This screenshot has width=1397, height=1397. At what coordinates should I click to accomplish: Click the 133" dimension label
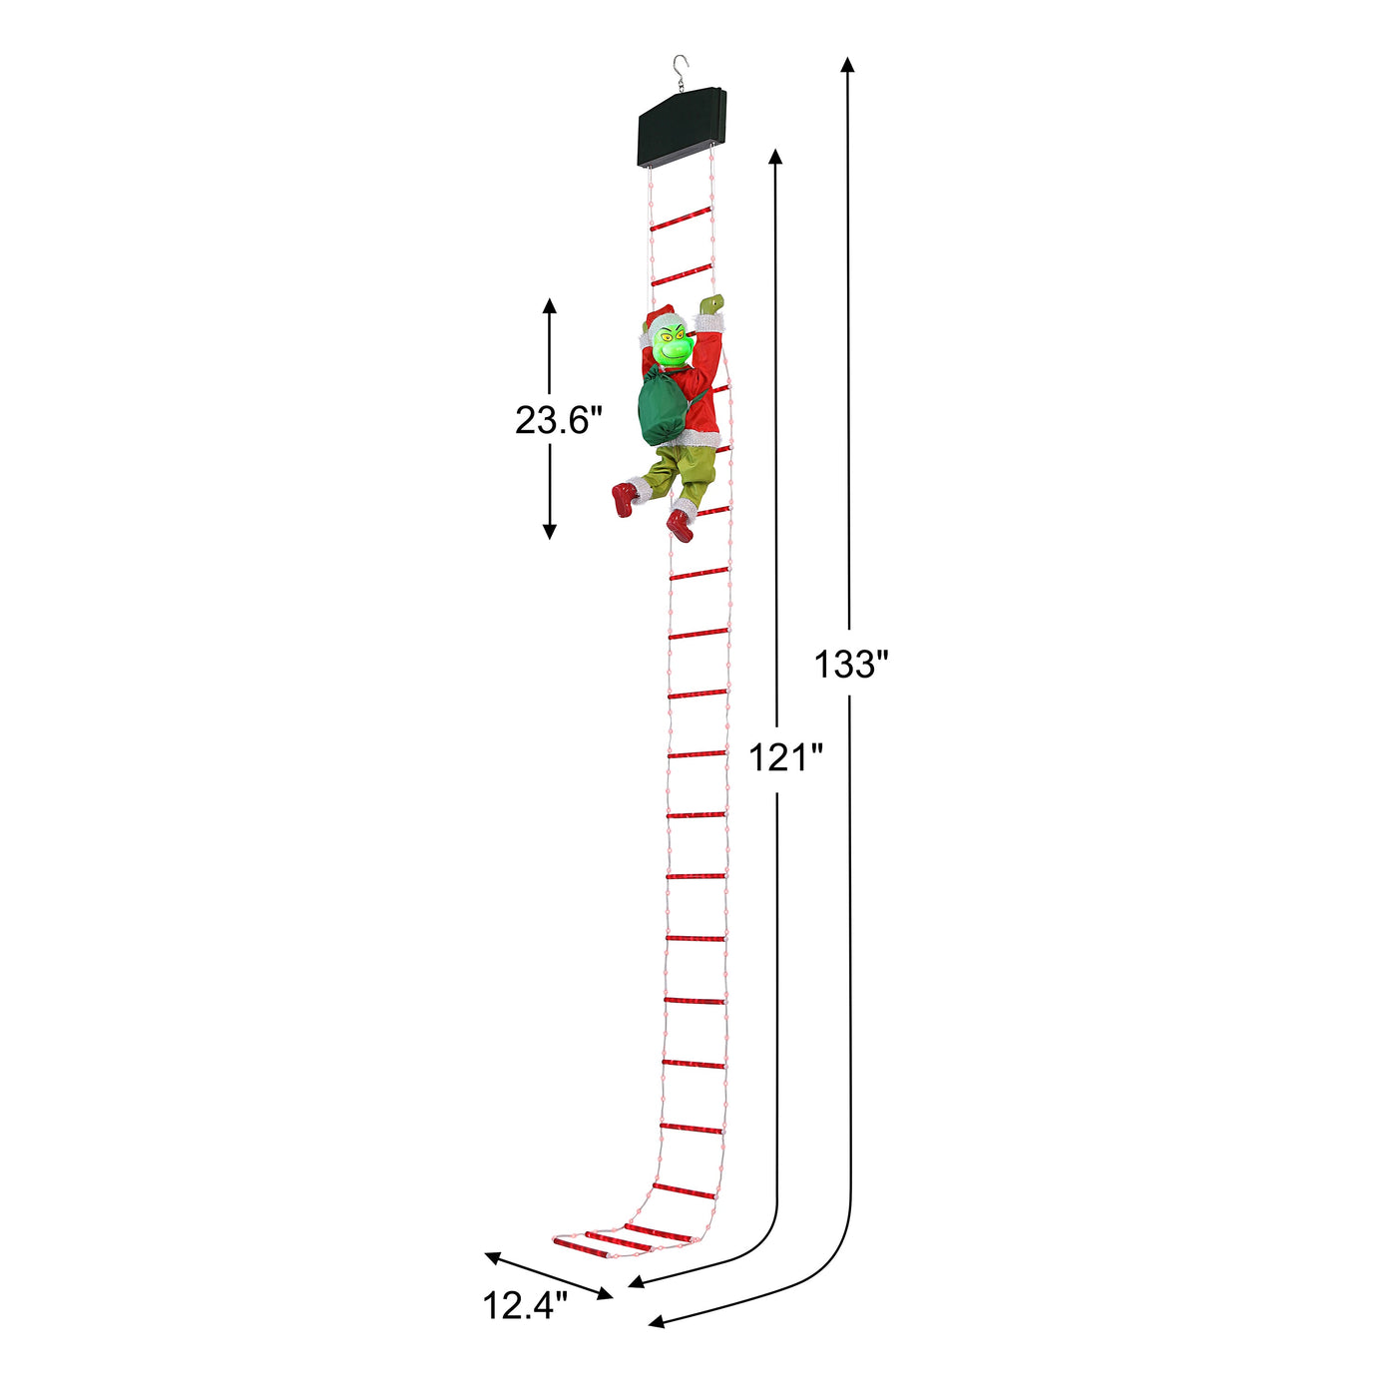pos(850,664)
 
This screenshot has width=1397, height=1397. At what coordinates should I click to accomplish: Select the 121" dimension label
pos(785,758)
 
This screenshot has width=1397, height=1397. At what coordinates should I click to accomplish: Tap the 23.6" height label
pos(559,420)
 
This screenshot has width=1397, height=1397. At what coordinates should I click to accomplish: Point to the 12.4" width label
pos(525,1305)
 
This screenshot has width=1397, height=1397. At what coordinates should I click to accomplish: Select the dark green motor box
pos(683,127)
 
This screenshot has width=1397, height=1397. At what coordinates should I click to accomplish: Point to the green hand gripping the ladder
pos(711,303)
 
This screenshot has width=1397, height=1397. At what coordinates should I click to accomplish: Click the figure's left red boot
pos(624,499)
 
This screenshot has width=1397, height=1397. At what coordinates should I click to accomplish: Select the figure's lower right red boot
pos(681,526)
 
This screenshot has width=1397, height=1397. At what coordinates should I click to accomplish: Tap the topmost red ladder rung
pos(681,220)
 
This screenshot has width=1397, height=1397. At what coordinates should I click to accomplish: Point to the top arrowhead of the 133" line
pos(847,65)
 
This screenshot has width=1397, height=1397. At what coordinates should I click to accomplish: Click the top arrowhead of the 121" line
pos(775,156)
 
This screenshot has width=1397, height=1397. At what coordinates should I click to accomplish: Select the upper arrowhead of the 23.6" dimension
pos(549,305)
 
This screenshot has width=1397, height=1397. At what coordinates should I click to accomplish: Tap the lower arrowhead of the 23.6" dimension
pos(549,531)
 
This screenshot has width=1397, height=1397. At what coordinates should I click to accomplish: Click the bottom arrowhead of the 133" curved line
pos(657,1324)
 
